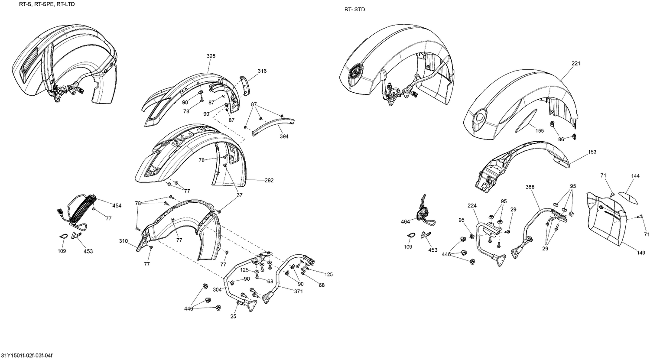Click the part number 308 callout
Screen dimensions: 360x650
pyautogui.click(x=211, y=56)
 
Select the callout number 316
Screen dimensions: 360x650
pyautogui.click(x=262, y=71)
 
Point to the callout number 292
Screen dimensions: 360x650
pyautogui.click(x=269, y=180)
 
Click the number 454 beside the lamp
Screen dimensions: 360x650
pyautogui.click(x=117, y=205)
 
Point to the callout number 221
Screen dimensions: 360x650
pyautogui.click(x=575, y=64)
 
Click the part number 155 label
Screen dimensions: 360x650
pyautogui.click(x=539, y=130)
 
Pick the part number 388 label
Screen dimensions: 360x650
pyautogui.click(x=530, y=187)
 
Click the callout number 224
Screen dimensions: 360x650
pyautogui.click(x=472, y=205)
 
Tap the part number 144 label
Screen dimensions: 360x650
pyautogui.click(x=635, y=176)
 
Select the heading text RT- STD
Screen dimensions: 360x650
pyautogui.click(x=354, y=10)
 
